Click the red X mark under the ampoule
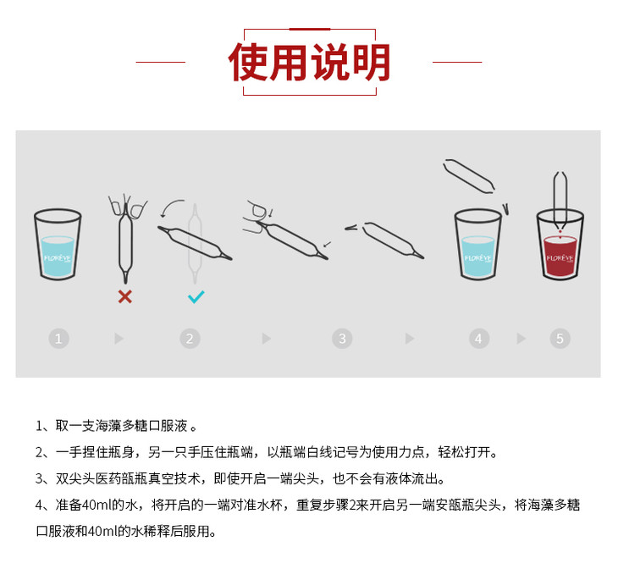125,296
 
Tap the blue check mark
196,297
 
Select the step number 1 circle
58,339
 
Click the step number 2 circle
190,339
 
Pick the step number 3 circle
342,339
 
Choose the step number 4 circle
479,339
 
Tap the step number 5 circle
560,339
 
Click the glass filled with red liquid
560,245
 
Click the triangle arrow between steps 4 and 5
521,339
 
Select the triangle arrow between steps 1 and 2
119,339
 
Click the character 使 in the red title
248,62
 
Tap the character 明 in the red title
371,62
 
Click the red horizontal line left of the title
160,62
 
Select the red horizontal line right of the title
457,62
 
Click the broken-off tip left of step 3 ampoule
350,228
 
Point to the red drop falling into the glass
560,236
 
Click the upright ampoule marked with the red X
126,240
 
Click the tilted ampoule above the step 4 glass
469,176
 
